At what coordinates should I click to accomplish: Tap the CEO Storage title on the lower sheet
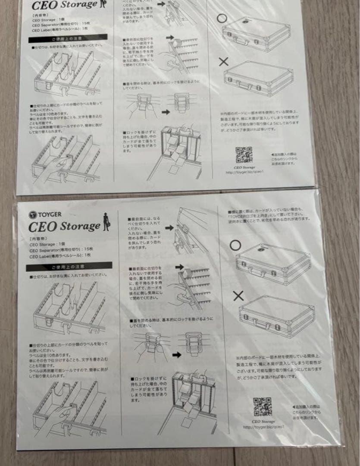(64, 226)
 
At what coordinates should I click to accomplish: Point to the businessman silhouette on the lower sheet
(106, 223)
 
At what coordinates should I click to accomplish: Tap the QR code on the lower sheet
(262, 406)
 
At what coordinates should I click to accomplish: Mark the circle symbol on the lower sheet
(235, 246)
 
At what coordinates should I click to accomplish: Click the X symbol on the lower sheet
(238, 296)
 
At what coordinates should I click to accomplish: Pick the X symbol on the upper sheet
(223, 62)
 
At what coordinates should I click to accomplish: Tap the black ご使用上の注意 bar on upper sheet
(68, 39)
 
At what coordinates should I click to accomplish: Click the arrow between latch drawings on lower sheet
(176, 355)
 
